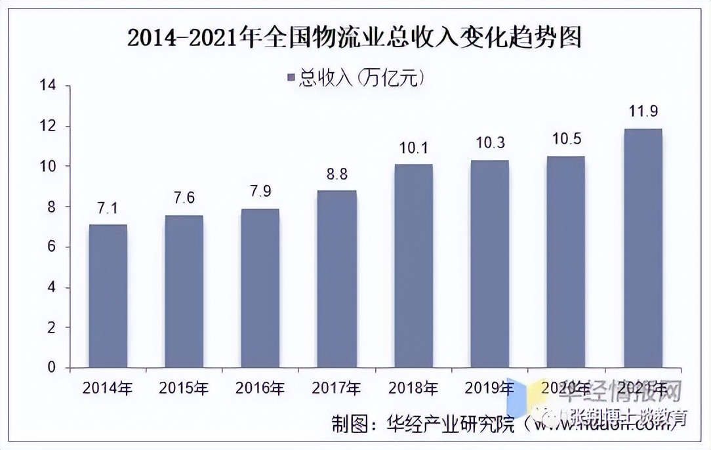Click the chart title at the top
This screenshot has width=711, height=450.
355,39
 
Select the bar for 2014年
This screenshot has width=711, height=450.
108,296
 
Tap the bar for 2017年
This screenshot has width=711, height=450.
336,279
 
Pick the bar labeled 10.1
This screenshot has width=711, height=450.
413,266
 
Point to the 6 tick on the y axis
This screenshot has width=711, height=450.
51,247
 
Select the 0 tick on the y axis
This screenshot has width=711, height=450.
51,368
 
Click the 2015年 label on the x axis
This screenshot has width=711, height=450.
184,388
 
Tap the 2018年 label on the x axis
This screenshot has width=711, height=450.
413,388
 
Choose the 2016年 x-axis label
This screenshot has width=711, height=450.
260,388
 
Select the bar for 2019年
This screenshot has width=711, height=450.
489,264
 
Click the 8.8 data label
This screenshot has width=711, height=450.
336,175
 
